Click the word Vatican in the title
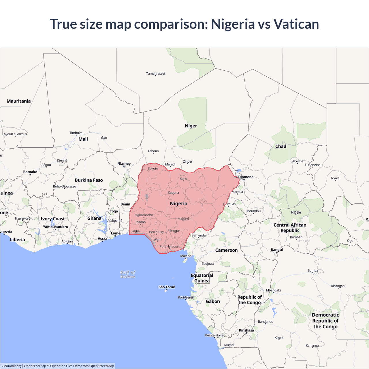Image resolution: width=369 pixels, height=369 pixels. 296,24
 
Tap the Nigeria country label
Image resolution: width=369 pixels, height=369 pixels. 178,204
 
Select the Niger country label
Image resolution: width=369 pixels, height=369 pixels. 191,126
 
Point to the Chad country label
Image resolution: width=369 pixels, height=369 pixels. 280,146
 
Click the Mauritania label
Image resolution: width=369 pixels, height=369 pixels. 19,101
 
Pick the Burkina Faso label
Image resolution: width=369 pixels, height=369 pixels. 89,180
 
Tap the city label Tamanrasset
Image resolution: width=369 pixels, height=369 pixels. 156,74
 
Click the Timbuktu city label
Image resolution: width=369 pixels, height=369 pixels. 76,133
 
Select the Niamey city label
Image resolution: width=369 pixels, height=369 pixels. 124,164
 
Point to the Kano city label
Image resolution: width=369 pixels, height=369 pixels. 183,178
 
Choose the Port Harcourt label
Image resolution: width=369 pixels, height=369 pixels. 170,246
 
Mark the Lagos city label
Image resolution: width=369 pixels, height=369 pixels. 136,231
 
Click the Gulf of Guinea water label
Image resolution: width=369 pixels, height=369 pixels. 128,274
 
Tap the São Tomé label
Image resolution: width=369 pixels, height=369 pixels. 167,287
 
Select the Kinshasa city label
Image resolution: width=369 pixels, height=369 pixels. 246,330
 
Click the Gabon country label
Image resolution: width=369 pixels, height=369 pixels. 213,302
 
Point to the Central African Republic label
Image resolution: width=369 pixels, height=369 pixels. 290,228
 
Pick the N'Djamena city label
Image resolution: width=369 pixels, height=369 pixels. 244,177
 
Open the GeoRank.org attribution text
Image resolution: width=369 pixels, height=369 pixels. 12,366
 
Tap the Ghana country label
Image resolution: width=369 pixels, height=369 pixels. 94,219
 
